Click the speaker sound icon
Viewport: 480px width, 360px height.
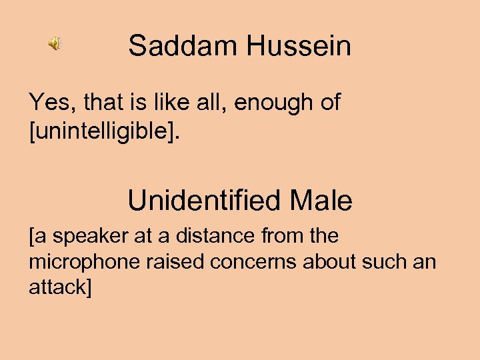[x=54, y=45]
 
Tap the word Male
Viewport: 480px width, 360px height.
[x=321, y=200]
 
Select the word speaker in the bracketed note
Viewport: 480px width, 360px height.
[x=85, y=236]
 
